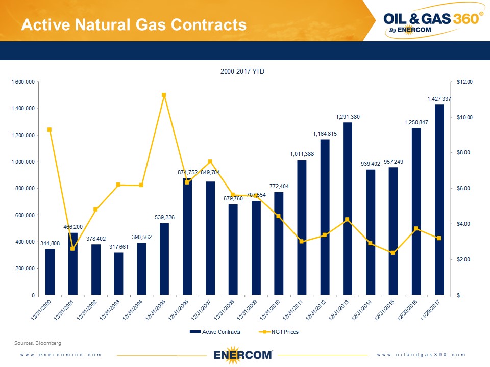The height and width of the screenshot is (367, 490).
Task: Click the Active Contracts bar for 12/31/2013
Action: click(x=348, y=209)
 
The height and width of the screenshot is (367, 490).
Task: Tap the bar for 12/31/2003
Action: click(x=118, y=274)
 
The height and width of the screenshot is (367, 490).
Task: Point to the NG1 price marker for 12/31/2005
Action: click(x=164, y=95)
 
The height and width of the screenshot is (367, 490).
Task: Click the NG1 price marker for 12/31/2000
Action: click(x=50, y=129)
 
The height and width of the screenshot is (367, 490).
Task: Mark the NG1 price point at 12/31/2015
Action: click(x=393, y=253)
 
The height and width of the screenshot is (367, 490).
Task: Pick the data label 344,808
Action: click(x=49, y=243)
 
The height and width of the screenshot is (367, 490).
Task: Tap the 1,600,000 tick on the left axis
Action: click(x=23, y=82)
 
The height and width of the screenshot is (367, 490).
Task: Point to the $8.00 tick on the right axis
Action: click(x=464, y=153)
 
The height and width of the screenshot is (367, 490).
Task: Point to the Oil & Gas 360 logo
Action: click(x=432, y=22)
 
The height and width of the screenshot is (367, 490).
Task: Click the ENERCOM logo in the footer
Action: click(x=242, y=354)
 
